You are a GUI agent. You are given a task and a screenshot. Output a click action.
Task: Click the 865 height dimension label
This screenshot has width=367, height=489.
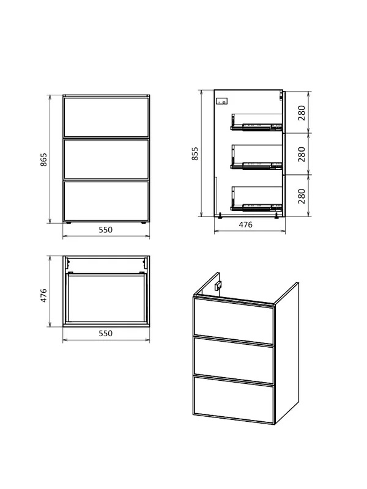click(43, 160)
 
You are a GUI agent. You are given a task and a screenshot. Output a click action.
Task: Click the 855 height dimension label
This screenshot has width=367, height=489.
click(195, 154)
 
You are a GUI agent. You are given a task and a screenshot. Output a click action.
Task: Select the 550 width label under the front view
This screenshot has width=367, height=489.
click(105, 230)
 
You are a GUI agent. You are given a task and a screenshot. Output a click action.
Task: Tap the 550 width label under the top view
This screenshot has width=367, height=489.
click(105, 333)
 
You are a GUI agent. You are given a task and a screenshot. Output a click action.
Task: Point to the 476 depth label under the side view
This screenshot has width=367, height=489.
click(246, 225)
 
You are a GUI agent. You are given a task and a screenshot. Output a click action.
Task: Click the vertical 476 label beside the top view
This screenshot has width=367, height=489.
click(43, 295)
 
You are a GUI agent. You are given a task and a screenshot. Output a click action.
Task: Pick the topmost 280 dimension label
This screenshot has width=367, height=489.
click(302, 113)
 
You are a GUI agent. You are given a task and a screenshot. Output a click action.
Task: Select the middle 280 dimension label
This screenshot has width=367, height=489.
click(302, 154)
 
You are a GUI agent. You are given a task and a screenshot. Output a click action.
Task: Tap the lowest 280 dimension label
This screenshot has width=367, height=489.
click(302, 196)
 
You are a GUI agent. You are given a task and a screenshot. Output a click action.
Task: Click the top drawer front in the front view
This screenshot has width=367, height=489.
click(106, 117)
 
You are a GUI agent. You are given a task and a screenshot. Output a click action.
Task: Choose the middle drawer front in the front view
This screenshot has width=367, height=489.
click(106, 159)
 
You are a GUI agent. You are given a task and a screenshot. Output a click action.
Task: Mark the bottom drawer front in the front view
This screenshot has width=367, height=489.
click(106, 201)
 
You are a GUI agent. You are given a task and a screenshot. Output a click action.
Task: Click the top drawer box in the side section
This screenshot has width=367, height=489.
click(256, 122)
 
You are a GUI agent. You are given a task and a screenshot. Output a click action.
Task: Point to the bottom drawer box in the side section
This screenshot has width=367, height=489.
click(256, 198)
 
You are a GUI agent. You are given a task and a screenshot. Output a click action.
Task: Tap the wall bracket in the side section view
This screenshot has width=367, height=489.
click(221, 101)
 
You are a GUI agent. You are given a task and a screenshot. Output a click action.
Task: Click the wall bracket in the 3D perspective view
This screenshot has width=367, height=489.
click(218, 285)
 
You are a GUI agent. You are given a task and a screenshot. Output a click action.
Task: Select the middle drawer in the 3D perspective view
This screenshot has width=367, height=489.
click(234, 359)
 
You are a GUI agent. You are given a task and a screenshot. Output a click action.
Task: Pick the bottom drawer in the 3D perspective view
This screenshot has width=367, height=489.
click(234, 400)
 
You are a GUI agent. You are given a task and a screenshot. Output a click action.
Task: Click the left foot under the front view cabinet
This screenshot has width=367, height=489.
click(69, 223)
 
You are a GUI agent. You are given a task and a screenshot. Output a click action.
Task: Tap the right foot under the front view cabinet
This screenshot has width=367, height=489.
click(144, 223)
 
